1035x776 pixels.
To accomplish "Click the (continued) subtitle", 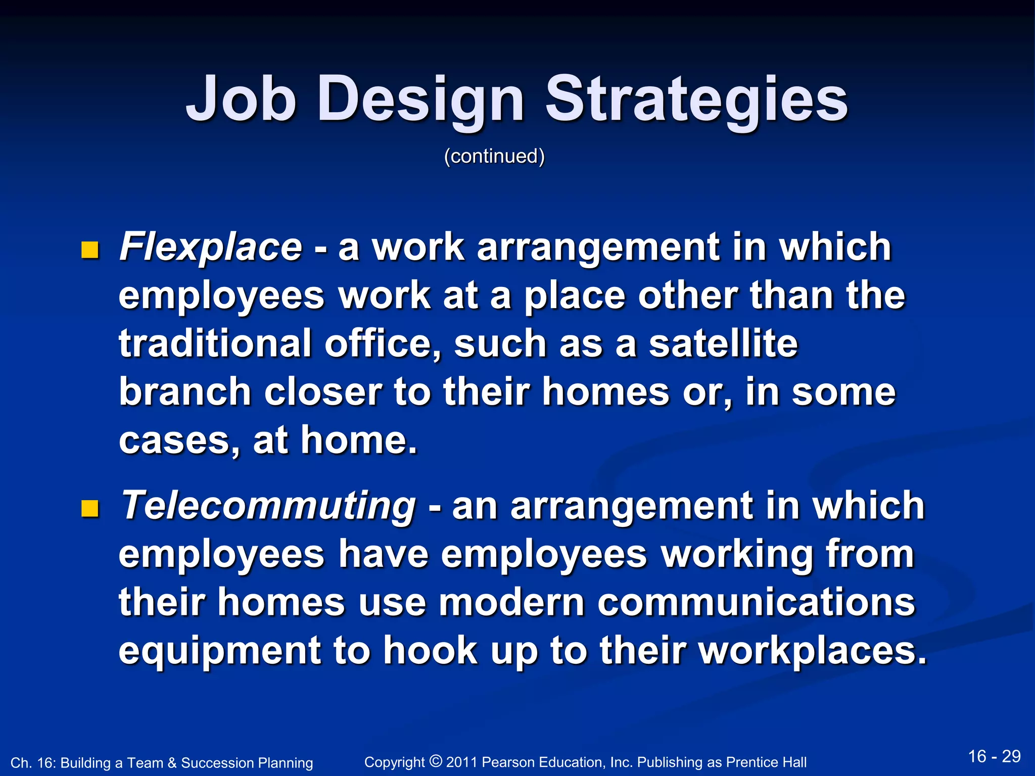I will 494,156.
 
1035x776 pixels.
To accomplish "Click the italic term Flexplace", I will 211,247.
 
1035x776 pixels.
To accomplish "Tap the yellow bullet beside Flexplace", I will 89,250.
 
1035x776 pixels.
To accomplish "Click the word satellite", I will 723,344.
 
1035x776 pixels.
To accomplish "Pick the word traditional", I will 215,344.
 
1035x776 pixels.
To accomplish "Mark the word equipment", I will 219,651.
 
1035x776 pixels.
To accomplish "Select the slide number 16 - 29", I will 994,757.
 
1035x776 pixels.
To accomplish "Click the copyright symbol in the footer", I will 436,761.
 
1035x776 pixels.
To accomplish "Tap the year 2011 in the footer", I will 462,762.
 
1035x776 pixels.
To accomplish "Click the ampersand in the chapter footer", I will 172,763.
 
